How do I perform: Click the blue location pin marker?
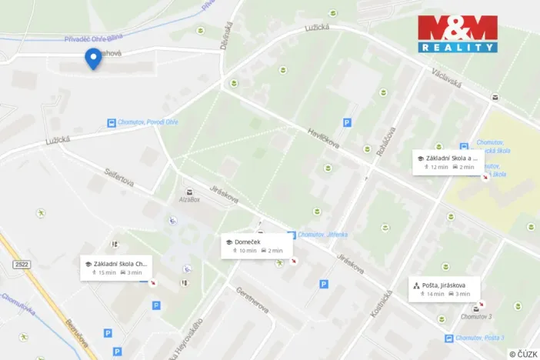click(93, 58)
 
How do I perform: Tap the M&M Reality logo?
click(457, 34)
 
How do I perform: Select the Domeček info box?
click(256, 245)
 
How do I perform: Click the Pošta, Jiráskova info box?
click(445, 288)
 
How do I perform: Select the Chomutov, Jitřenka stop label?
click(322, 235)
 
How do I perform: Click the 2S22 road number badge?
click(21, 264)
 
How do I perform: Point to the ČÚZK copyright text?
click(523, 353)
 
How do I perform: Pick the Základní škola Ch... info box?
click(117, 268)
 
